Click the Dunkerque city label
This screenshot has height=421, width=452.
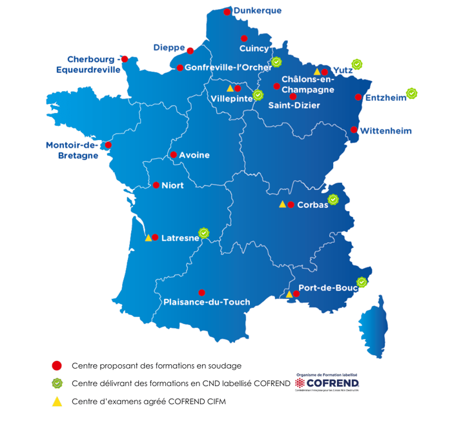coord(257,11)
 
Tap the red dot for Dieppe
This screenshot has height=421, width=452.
coord(190,50)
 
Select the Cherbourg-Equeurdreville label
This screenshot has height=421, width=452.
coord(94,65)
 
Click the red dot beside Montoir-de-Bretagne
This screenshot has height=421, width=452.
coord(108,145)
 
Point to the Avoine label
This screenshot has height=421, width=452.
coord(194,156)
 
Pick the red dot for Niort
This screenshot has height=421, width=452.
coord(156,185)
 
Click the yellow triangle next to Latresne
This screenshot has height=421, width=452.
coord(148,238)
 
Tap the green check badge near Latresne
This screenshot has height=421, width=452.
coord(204,232)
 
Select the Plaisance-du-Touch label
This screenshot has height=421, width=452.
coord(207,302)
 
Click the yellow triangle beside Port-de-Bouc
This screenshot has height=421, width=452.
coord(289,294)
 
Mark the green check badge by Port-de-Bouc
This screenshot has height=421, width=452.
coord(362,282)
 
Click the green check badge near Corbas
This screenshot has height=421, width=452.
coord(333,200)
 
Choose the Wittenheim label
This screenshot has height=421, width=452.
coord(385,130)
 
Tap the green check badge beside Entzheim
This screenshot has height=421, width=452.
coord(411,94)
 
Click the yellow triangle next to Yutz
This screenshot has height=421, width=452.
coord(317,72)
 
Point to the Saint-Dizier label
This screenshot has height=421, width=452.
coord(294,105)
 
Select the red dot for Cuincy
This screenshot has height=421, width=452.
coord(244,39)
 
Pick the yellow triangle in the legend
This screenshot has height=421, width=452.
coord(57,402)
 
